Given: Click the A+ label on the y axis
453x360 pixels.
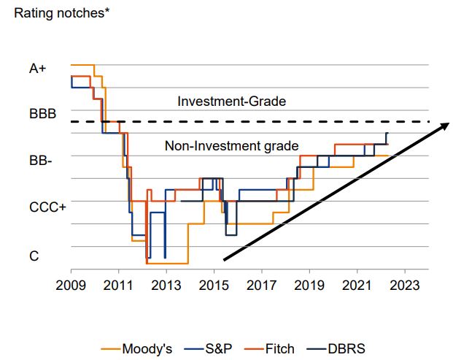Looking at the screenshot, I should click(x=38, y=69).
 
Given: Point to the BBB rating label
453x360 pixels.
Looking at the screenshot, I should click(x=42, y=115).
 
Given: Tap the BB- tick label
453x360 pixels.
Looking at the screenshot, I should click(x=40, y=161).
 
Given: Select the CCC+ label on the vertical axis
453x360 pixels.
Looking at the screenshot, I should click(x=47, y=207).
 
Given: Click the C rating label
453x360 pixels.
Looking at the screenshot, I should click(x=34, y=256).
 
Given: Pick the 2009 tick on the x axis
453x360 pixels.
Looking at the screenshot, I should click(x=71, y=285).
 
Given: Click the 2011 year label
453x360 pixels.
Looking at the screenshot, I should click(x=118, y=285).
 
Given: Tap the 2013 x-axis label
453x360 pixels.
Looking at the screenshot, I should click(x=166, y=285).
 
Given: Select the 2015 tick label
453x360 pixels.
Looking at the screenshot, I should click(x=214, y=285).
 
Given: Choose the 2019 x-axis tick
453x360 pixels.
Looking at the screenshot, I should click(x=310, y=285).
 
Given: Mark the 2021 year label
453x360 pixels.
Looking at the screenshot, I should click(x=357, y=285).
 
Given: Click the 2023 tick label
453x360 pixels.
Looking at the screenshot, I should click(x=406, y=285).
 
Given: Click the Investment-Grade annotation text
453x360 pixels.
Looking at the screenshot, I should click(x=231, y=102).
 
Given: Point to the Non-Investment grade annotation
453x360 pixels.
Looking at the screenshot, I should click(x=231, y=146).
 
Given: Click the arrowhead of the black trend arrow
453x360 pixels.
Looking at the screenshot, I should click(x=442, y=127).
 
